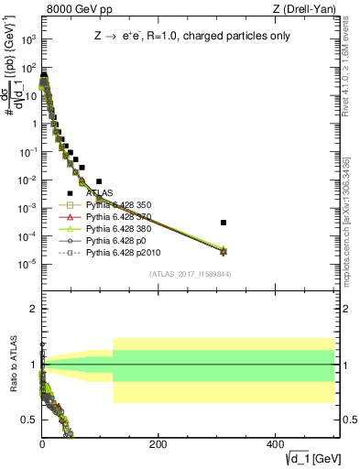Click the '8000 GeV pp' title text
coord(75,9)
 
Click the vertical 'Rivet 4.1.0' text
coord(352,64)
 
